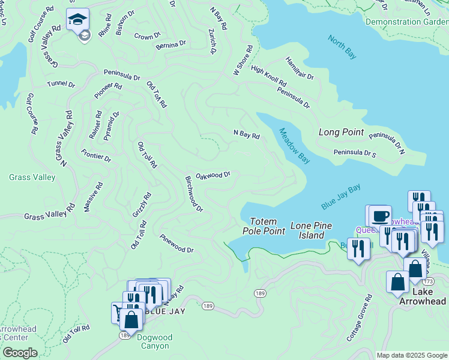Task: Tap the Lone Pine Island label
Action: point(311,230)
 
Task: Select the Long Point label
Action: point(341,132)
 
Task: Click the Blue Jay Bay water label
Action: point(340,197)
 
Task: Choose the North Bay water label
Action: point(342,47)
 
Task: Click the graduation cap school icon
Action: point(78,20)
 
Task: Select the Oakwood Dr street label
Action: point(213,175)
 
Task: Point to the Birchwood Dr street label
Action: point(194,194)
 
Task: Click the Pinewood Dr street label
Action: point(176,243)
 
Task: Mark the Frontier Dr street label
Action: point(96,155)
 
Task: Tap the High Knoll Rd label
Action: point(269,75)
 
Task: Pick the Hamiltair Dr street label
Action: point(300,68)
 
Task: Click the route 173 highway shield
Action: point(427,281)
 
